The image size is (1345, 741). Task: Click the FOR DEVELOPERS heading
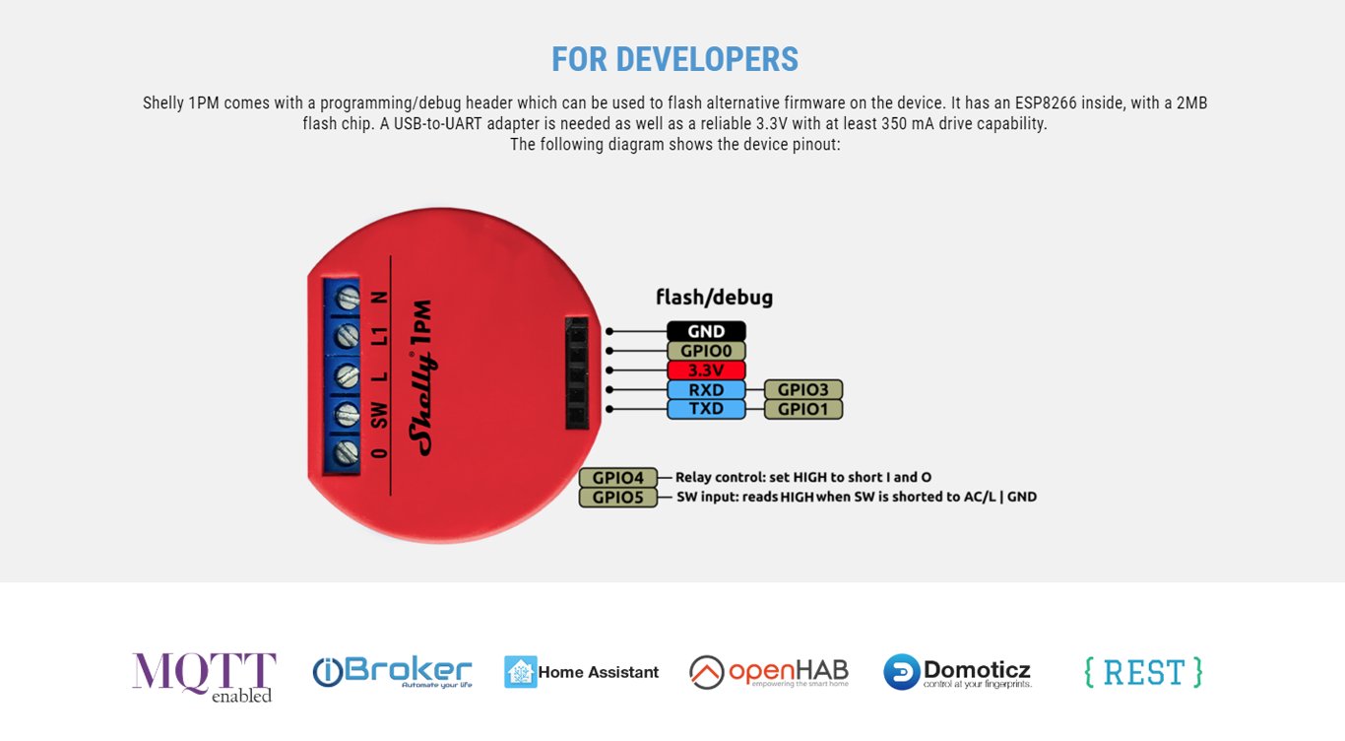[x=674, y=59]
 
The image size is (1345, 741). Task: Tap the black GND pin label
[x=706, y=331]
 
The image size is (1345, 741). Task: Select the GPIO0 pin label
[x=706, y=351]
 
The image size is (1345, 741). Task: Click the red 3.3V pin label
[x=706, y=370]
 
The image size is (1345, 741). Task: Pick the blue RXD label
[x=706, y=389]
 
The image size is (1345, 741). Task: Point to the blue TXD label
[x=706, y=409]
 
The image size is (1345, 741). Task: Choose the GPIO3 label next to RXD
[x=802, y=389]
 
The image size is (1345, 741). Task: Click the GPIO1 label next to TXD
[x=802, y=409]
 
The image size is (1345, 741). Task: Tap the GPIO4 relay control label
[x=618, y=478]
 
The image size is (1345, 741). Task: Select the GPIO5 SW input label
[x=618, y=498]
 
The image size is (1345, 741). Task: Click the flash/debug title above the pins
[x=714, y=297]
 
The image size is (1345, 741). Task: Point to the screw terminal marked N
[x=348, y=299]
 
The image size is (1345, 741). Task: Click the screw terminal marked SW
[x=347, y=415]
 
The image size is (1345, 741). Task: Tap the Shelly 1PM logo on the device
[x=421, y=377]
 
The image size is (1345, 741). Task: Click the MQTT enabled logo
[x=204, y=677]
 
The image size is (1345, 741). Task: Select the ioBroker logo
[x=392, y=672]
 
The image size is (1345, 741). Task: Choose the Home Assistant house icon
[x=521, y=671]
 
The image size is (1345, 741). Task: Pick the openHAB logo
[x=769, y=672]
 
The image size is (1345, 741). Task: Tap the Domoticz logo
[x=958, y=672]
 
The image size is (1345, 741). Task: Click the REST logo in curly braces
[x=1143, y=672]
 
